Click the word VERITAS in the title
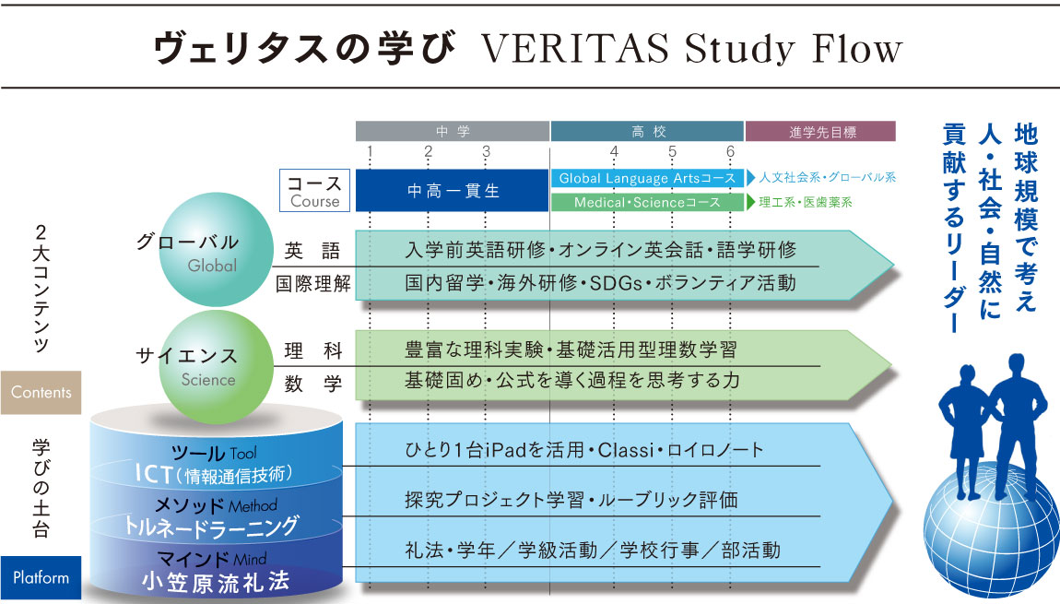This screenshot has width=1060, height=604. [574, 49]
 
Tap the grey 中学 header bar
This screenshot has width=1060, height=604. [453, 131]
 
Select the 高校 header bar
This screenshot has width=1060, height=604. [648, 131]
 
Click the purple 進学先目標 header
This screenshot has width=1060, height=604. [820, 131]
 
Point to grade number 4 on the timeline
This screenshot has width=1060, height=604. [614, 151]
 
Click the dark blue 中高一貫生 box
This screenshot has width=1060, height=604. [453, 191]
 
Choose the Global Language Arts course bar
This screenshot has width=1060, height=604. [648, 178]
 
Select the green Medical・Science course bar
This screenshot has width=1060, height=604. [648, 202]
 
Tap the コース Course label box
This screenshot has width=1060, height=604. [315, 191]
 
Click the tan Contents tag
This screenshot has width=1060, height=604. [41, 392]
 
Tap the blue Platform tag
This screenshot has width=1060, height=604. [41, 577]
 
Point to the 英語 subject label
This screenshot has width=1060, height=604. [312, 251]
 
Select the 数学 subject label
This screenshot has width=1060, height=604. [313, 384]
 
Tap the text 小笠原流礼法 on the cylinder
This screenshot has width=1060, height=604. [216, 582]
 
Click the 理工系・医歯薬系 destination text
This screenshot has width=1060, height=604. [806, 202]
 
